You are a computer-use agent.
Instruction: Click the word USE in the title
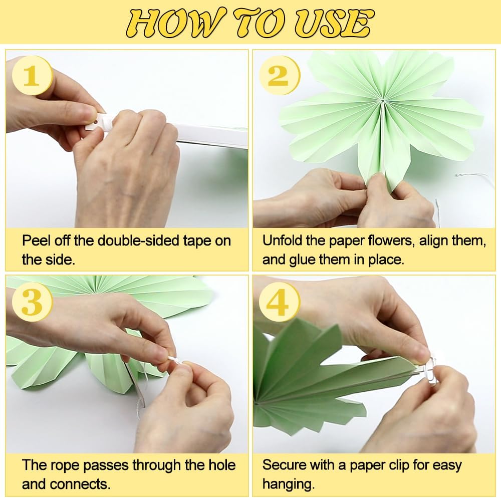(333, 23)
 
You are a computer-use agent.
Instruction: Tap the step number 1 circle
(32, 75)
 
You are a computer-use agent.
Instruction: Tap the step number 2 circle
(279, 75)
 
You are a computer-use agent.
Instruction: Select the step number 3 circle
(32, 302)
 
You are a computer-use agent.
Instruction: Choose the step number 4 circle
(279, 302)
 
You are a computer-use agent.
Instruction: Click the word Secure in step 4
(284, 465)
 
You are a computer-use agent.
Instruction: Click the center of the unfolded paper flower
(382, 101)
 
